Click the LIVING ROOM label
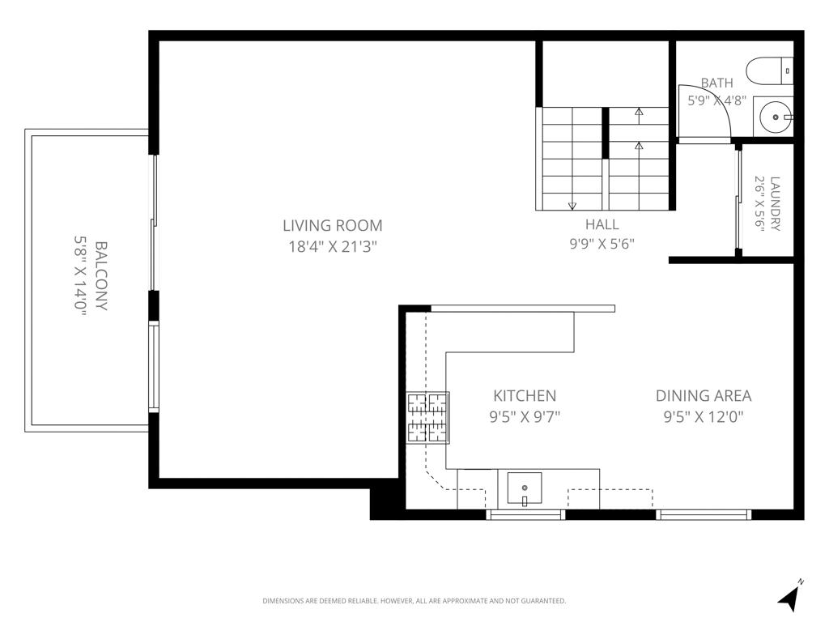pos(333,225)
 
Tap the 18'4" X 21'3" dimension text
pos(333,246)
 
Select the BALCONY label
pos(100,276)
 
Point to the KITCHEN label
pos(525,395)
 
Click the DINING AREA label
pos(704,395)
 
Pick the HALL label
pos(602,224)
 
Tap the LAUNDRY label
pos(775,203)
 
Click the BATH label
pos(717,83)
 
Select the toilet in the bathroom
pos(770,71)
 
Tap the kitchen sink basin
pos(525,488)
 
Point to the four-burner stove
pos(427,417)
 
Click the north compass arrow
pos(789,596)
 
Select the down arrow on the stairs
pos(572,206)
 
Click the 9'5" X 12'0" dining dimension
pos(704,417)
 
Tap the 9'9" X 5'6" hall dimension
pos(602,244)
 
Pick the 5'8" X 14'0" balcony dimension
pos(79,276)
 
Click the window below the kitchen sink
pos(525,514)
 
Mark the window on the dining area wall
pos(704,514)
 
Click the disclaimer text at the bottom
pos(414,601)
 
